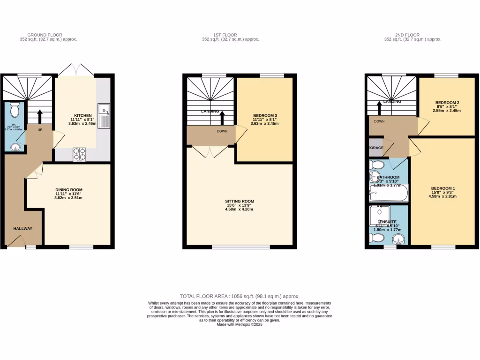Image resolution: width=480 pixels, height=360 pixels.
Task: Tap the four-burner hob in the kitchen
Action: tap(79, 154)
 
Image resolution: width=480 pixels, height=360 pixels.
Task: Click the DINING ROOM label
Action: tap(68, 190)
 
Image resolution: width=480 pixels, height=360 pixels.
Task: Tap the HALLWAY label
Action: tap(22, 229)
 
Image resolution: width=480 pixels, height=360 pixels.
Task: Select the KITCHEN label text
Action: tap(82, 115)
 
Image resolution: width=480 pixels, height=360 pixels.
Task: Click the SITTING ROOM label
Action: tap(239, 201)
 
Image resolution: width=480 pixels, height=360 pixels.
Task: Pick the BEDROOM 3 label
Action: tap(265, 115)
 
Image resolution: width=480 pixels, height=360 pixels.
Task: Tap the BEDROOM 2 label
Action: tap(447, 103)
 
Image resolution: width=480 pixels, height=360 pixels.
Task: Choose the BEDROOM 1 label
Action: tap(443, 188)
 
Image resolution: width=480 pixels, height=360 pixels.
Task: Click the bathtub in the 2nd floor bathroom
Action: tap(389, 193)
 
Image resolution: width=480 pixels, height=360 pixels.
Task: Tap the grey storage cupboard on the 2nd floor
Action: tap(375, 148)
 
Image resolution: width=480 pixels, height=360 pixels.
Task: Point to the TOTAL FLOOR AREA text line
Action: tap(240, 296)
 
